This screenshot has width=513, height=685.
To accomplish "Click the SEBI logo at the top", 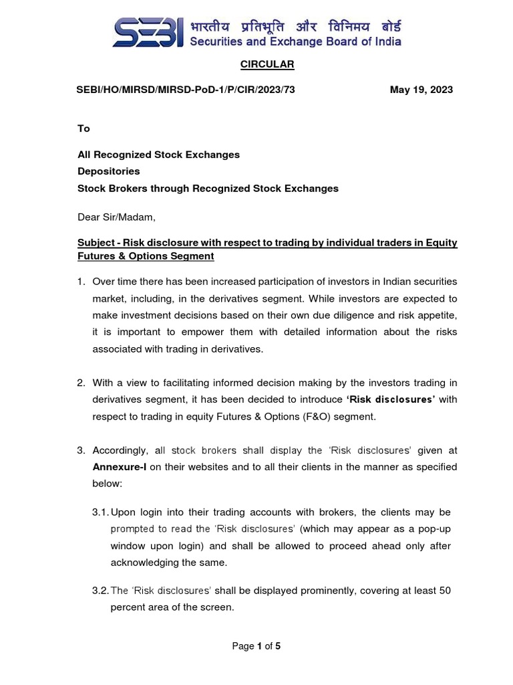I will click(148, 32).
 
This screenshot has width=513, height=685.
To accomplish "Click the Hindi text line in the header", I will click(296, 26).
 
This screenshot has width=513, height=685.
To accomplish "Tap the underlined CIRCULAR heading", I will click(267, 65).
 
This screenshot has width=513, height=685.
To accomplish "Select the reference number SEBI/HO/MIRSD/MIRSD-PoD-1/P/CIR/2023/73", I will click(186, 90).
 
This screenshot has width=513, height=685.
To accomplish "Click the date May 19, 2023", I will click(421, 90).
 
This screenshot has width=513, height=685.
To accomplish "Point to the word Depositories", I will click(109, 171).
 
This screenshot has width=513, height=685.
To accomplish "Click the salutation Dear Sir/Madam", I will click(116, 217).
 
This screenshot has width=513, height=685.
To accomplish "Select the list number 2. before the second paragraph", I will click(81, 383).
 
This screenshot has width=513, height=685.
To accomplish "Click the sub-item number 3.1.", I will click(100, 512).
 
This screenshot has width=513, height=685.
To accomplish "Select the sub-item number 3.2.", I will click(100, 591).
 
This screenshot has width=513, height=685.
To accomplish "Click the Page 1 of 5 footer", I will click(256, 646).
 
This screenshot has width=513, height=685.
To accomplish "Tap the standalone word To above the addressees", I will click(83, 128).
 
